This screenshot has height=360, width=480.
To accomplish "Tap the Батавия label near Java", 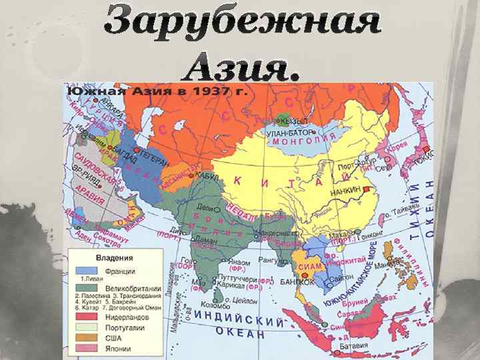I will click(x=352, y=346).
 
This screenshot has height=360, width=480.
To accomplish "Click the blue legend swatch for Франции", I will click(x=87, y=271).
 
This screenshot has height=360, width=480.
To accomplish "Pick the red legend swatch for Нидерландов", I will click(x=87, y=317).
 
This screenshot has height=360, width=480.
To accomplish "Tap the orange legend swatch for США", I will click(x=87, y=337).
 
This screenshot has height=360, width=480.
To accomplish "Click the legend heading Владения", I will click(x=114, y=257).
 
